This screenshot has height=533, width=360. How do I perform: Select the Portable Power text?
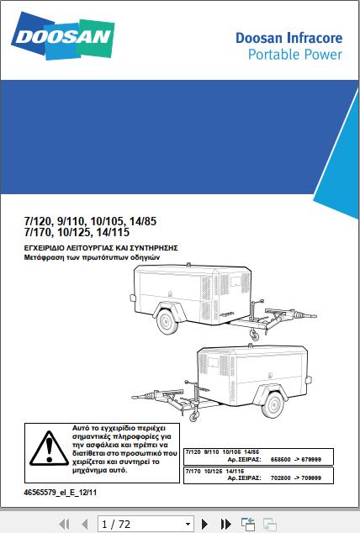pyautogui.click(x=294, y=55)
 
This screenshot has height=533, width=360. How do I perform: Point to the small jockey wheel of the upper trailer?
pyautogui.click(x=253, y=336)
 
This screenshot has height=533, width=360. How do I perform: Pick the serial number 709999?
pyautogui.click(x=320, y=479)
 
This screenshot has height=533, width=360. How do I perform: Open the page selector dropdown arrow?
pyautogui.click(x=188, y=525)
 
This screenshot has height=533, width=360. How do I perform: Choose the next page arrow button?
pyautogui.click(x=204, y=525)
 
